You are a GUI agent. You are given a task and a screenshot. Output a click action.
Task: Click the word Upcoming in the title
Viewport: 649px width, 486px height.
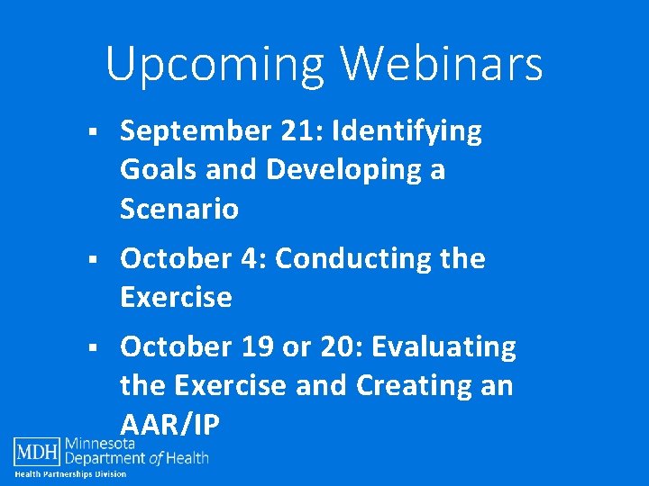pyautogui.click(x=215, y=65)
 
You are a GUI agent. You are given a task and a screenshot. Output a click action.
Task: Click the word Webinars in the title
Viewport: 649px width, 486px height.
pyautogui.click(x=441, y=64)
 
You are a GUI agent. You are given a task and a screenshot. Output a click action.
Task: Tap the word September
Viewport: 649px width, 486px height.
pyautogui.click(x=191, y=131)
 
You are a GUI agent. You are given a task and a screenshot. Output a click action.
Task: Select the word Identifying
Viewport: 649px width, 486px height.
pyautogui.click(x=407, y=131)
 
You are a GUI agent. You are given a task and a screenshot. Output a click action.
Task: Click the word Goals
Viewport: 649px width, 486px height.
pyautogui.click(x=157, y=170)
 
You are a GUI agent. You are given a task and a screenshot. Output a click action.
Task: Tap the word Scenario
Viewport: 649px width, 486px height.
pyautogui.click(x=179, y=209)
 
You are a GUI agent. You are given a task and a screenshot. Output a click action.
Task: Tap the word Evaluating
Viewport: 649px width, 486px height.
pyautogui.click(x=443, y=346)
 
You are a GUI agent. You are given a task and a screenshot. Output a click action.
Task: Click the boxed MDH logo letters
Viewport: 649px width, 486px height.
pyautogui.click(x=36, y=450)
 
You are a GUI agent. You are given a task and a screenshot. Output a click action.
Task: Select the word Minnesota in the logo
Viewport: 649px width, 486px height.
pyautogui.click(x=100, y=444)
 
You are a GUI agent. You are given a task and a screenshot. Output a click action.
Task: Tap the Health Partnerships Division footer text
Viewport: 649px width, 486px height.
pyautogui.click(x=70, y=474)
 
